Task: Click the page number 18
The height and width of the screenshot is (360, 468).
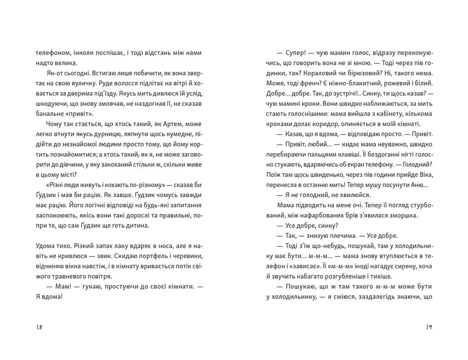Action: point(39,328)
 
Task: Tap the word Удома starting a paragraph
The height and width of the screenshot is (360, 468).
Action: point(45,246)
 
